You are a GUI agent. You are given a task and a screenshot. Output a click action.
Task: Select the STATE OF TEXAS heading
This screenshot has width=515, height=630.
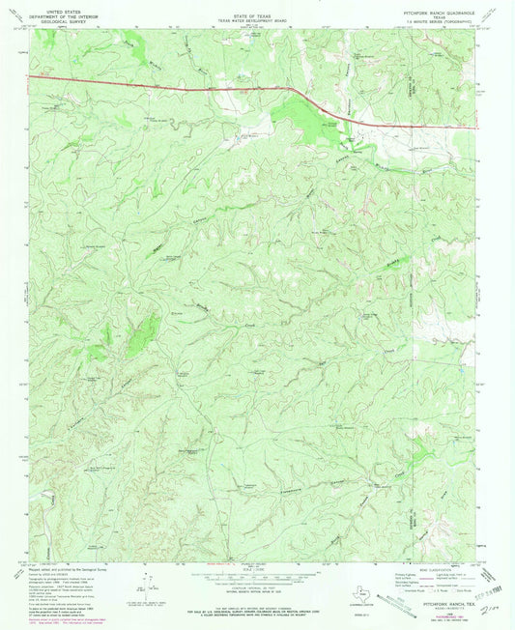pos(257,9)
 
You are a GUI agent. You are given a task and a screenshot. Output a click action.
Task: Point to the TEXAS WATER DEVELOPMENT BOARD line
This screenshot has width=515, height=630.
pos(257,14)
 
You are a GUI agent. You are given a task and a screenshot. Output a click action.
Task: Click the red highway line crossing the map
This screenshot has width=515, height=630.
pos(193,88)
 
